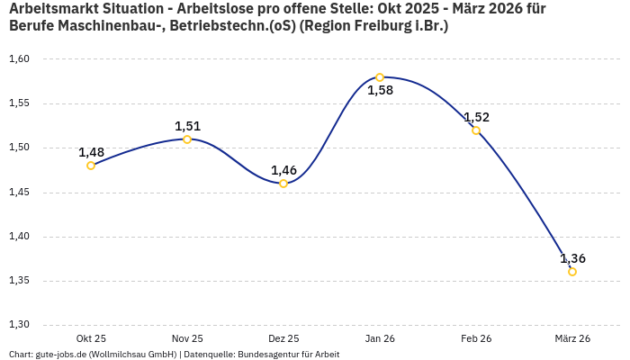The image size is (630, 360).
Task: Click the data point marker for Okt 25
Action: point(91,166)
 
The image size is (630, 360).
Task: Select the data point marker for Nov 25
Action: point(187,139)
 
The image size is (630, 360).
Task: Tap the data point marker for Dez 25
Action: point(283,184)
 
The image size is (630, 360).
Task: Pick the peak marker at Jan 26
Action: point(380,77)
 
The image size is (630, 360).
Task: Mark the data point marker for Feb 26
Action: point(476,130)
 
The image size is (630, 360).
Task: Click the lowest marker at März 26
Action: point(572,272)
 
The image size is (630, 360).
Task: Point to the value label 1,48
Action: point(91,152)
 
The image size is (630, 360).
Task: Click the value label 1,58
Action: point(380,90)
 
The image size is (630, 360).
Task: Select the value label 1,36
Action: point(572,258)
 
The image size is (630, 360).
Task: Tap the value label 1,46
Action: point(283,170)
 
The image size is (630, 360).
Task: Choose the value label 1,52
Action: point(476,117)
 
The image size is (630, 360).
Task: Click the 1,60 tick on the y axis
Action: point(19,59)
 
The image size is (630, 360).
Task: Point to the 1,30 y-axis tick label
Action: point(19,325)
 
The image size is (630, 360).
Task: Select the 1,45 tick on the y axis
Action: point(19,193)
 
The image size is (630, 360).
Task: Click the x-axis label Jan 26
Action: point(380,338)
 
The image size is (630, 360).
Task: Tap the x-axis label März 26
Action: point(572,338)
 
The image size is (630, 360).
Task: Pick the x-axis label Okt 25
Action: point(91,338)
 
